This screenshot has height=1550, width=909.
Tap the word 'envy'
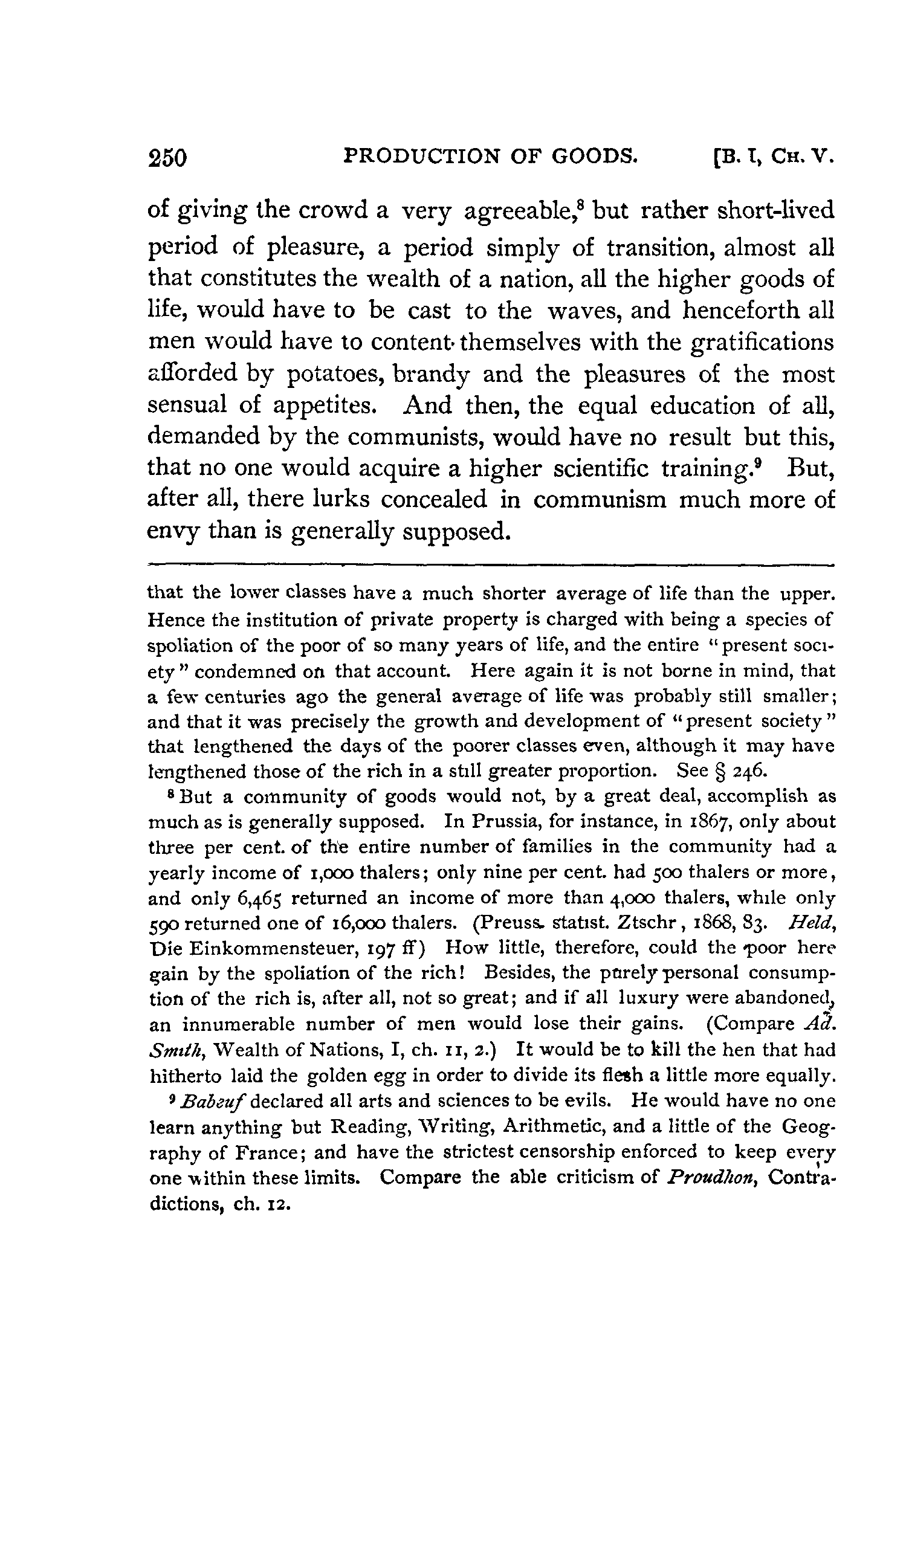172,531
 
